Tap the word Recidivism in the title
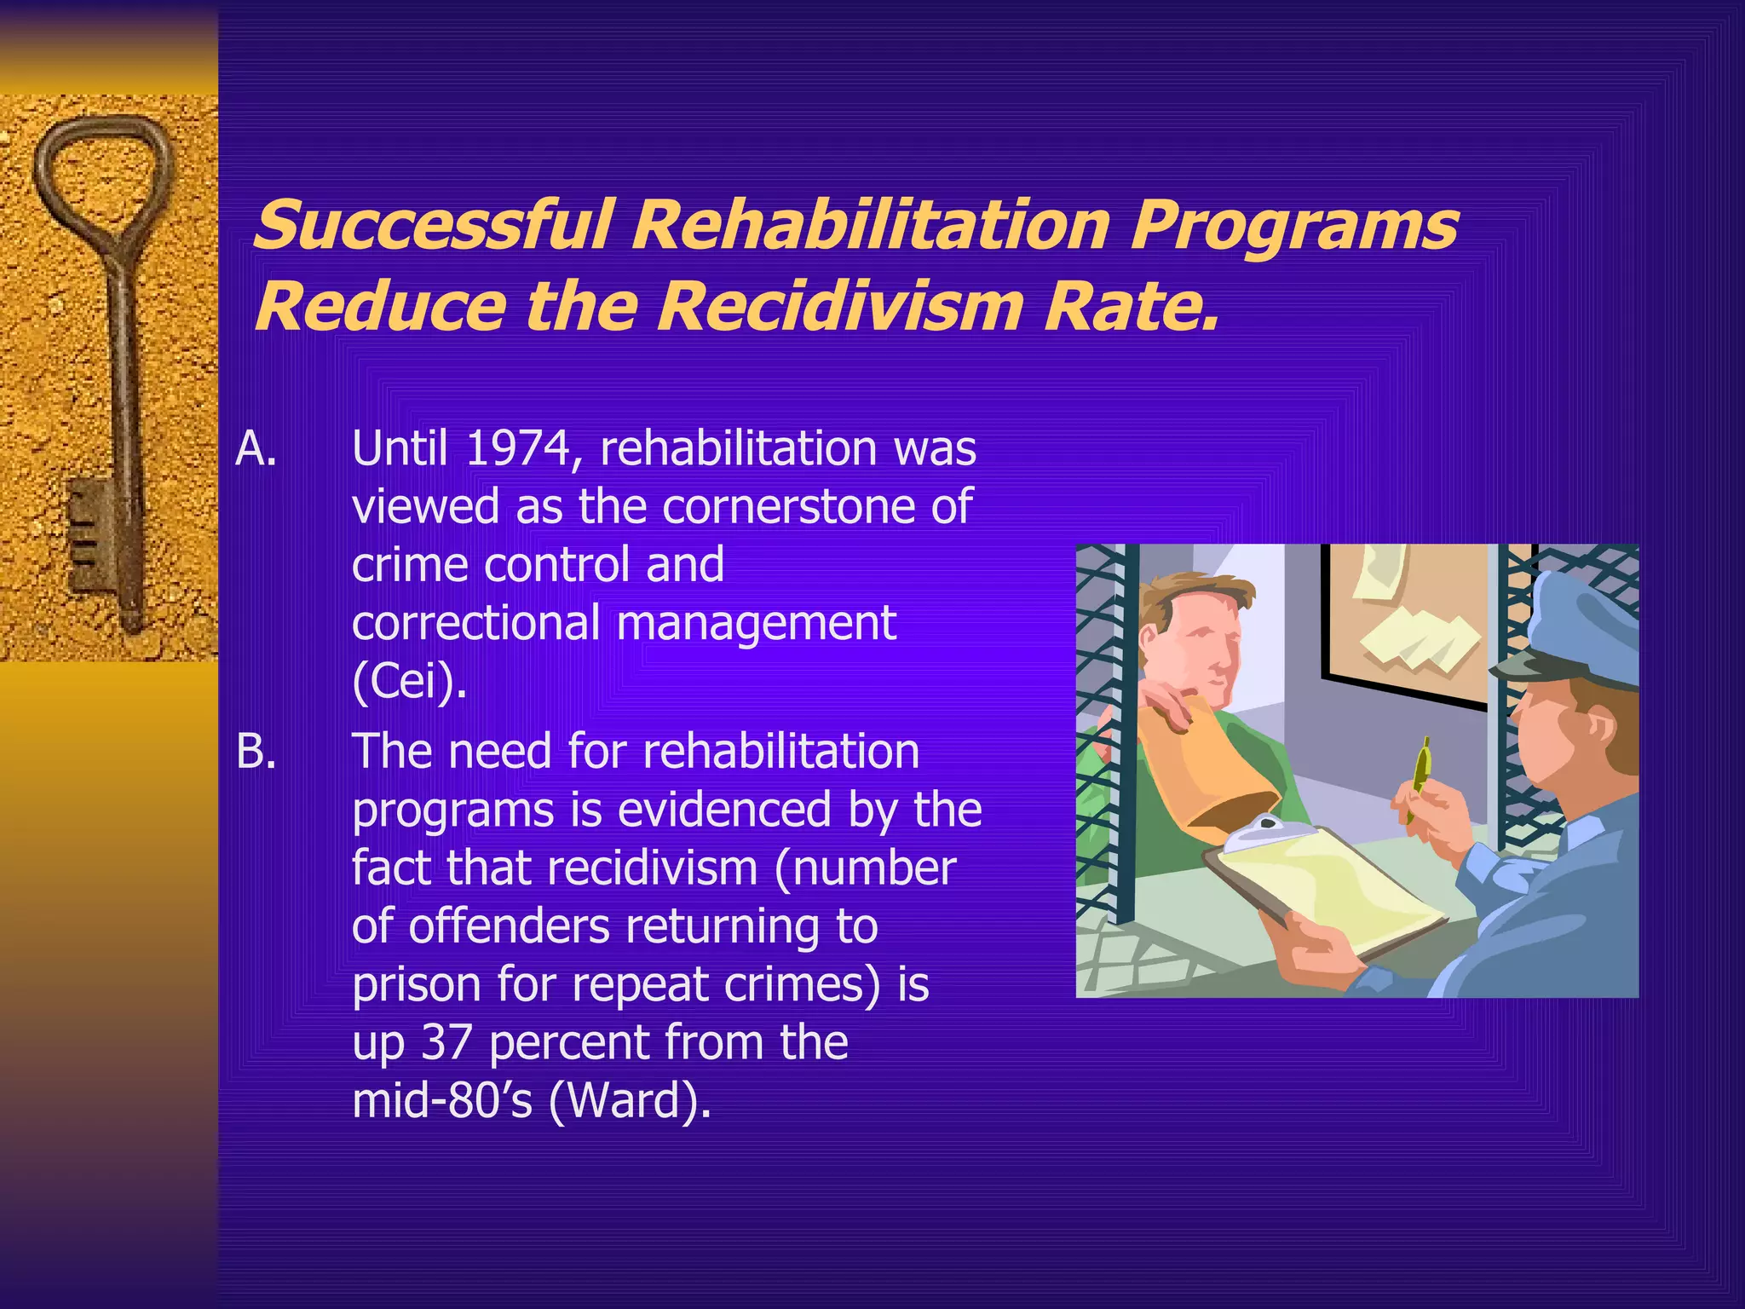[x=838, y=307]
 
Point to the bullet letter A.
[x=256, y=448]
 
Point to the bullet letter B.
[x=256, y=752]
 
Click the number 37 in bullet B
[x=446, y=1042]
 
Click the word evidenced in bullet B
[x=723, y=810]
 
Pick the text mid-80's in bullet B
[x=442, y=1100]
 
